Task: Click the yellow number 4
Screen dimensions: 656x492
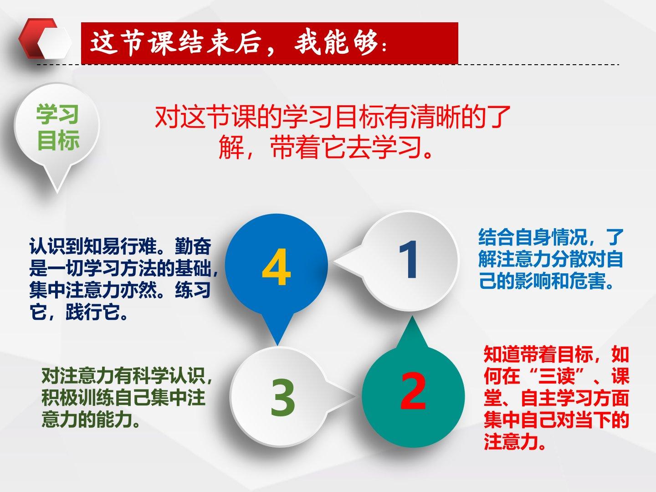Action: [276, 267]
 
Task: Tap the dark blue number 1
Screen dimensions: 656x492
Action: [408, 259]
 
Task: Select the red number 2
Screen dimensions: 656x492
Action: [413, 391]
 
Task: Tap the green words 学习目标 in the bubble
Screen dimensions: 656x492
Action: [58, 127]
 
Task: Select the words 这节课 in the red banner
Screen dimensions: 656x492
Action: [132, 43]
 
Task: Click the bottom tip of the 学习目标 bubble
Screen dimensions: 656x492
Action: [57, 192]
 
